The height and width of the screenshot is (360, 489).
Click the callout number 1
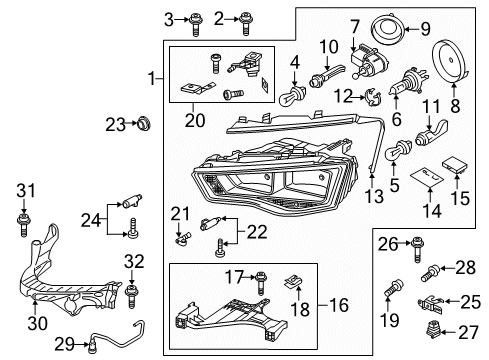(151, 78)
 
